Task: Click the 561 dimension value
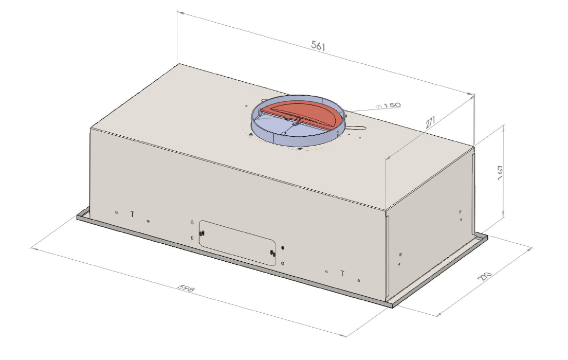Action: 319,46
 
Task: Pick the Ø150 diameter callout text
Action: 389,105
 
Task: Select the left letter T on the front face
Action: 132,213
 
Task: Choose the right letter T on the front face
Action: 342,273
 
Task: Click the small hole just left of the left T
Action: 117,212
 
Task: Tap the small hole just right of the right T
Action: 358,280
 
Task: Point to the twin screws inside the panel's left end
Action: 202,233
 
